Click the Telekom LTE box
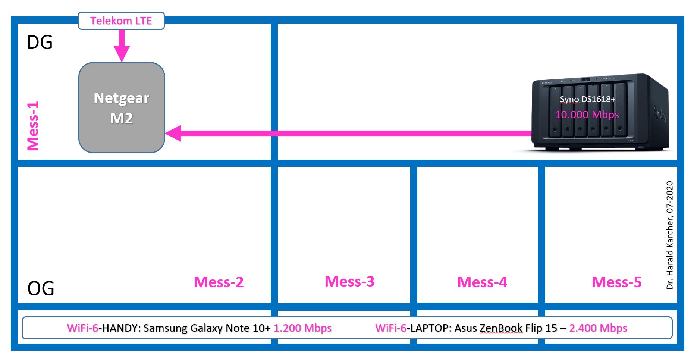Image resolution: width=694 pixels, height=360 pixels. point(121,21)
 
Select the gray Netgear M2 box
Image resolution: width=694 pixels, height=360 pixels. point(122,107)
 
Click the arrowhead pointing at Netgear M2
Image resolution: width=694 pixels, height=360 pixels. point(173,133)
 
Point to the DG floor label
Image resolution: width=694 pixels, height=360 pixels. point(40,43)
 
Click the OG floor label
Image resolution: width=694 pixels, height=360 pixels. point(41,288)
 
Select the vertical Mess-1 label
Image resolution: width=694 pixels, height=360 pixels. point(33,126)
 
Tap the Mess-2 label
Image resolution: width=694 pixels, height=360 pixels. point(219,282)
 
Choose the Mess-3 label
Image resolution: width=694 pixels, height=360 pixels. point(349,281)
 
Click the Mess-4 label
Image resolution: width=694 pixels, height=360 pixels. point(482,282)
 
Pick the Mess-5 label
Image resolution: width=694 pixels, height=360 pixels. point(616,282)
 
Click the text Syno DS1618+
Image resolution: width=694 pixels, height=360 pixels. point(587,99)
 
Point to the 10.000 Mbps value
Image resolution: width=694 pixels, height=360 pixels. point(587,115)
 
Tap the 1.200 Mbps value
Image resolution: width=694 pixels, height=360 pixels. point(302,328)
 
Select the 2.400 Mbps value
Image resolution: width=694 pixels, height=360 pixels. point(598,328)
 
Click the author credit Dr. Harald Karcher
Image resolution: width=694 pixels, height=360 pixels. point(670,235)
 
